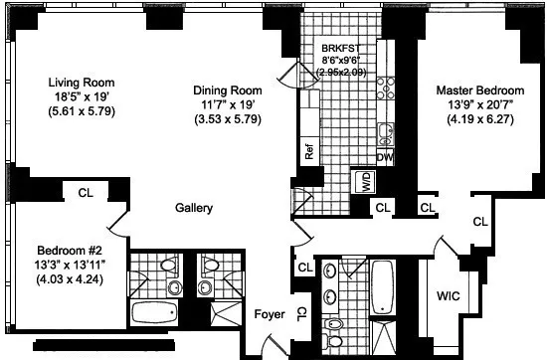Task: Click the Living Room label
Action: point(83,83)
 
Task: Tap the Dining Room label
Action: point(229,89)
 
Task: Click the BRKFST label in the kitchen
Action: point(343,47)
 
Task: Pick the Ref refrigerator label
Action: point(309,153)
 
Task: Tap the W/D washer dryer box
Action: point(363,181)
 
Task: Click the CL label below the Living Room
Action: point(86,193)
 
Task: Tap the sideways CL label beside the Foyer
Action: point(302,313)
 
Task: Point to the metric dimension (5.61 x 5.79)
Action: point(83,114)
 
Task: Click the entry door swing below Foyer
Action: point(261,342)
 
